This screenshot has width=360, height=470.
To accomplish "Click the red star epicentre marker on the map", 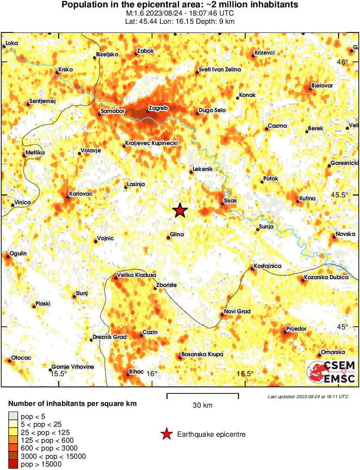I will click(x=180, y=211).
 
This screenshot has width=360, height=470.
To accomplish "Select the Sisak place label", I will click(x=231, y=201).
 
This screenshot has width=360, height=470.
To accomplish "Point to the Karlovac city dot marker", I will click(x=68, y=198).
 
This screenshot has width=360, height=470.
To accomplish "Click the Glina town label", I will click(x=177, y=235).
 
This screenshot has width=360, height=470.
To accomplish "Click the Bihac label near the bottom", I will click(x=136, y=371).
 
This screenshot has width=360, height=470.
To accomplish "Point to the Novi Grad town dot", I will click(x=222, y=315).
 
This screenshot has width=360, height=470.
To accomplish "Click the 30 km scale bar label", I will click(x=202, y=406).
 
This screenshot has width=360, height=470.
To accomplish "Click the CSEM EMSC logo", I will click(x=331, y=372).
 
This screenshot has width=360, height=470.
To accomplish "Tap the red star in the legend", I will click(x=166, y=434).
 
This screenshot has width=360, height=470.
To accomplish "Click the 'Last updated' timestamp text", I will click(x=308, y=396).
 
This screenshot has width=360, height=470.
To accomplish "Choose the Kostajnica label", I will click(x=267, y=266).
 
